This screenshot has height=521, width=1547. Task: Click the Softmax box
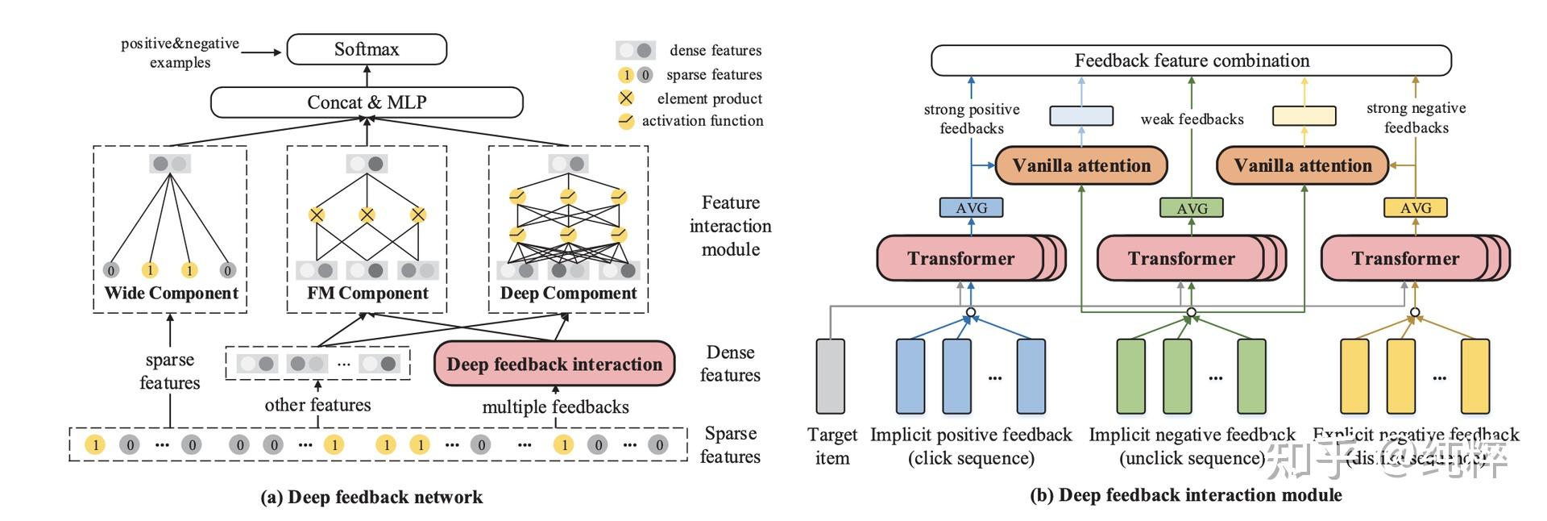tap(367, 49)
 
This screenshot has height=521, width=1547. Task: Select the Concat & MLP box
tap(367, 102)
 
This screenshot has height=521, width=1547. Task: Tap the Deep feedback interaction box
tap(554, 364)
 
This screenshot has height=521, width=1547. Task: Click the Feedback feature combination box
tap(1191, 60)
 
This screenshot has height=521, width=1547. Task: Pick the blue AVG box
tap(971, 208)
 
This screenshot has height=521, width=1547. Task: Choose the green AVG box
tap(1192, 208)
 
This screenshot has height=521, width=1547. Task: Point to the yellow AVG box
tap(1415, 208)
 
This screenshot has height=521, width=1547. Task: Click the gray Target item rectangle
tap(831, 376)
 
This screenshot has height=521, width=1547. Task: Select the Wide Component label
tap(171, 293)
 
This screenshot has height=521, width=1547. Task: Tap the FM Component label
tap(367, 293)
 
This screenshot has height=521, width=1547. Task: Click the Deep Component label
tap(568, 293)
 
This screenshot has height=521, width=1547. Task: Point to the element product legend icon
tap(626, 98)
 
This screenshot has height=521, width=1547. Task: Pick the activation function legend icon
tap(626, 121)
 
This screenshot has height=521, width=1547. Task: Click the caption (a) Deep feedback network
tap(371, 497)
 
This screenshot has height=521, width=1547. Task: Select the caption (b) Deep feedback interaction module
tap(1186, 495)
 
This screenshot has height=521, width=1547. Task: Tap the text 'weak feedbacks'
tap(1192, 119)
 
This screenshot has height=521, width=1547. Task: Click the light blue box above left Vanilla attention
tap(1081, 116)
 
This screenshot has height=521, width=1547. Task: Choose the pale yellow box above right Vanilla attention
tap(1304, 116)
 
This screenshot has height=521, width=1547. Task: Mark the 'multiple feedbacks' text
tap(555, 407)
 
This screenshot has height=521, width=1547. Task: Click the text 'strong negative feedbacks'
tap(1416, 118)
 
